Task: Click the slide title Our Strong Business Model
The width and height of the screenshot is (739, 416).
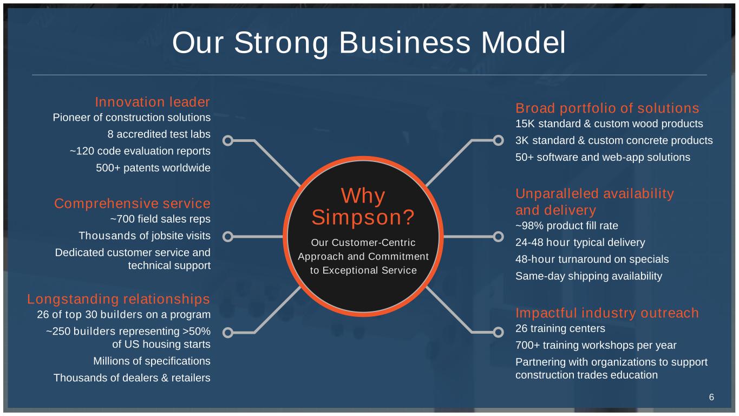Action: tap(369, 43)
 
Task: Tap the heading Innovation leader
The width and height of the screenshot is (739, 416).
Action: tap(153, 102)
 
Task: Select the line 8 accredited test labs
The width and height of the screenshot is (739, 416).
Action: tap(159, 134)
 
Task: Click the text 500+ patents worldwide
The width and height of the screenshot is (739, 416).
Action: tap(153, 168)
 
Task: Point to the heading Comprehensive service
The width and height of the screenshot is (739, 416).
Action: tap(132, 203)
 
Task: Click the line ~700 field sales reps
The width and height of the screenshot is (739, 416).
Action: tap(160, 219)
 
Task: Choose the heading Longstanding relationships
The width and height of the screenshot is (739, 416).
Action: tap(119, 299)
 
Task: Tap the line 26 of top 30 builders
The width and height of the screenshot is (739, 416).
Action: tap(124, 314)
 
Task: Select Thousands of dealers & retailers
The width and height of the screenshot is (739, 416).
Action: tap(132, 378)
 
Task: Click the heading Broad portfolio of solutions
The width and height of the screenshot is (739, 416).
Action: tap(607, 108)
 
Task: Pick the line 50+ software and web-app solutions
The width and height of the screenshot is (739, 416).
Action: tap(603, 157)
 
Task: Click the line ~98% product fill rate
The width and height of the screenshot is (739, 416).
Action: tap(567, 225)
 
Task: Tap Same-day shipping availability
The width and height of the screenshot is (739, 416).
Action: tap(589, 276)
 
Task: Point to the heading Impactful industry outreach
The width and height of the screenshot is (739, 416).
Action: tap(607, 313)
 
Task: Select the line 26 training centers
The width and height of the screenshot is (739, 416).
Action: tap(560, 328)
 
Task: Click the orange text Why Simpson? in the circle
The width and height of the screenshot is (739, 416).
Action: tap(363, 206)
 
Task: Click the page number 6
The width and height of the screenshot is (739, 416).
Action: tap(711, 397)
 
